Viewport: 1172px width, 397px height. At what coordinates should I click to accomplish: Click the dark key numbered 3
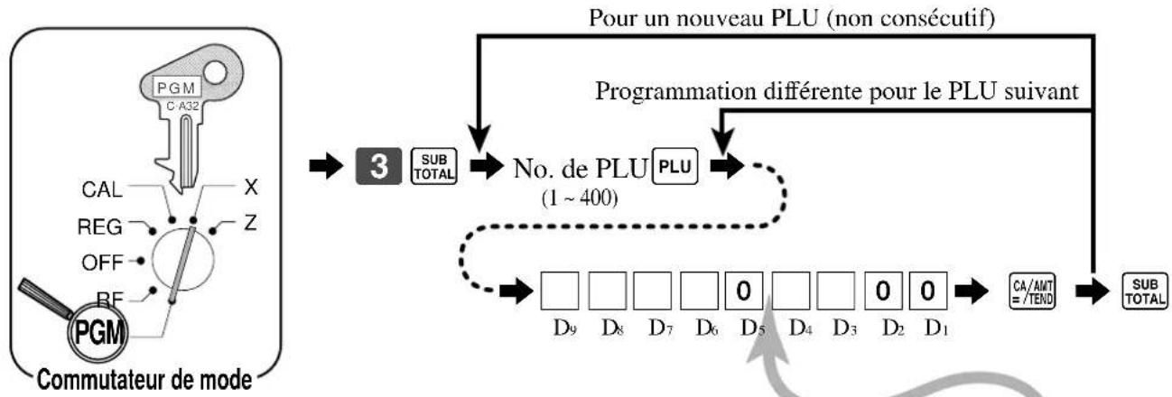pyautogui.click(x=379, y=166)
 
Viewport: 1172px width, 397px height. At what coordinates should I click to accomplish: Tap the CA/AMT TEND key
pyautogui.click(x=1033, y=291)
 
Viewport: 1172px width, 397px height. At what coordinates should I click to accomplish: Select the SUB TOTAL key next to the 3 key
pyautogui.click(x=433, y=166)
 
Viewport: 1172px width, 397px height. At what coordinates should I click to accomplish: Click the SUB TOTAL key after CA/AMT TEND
pyautogui.click(x=1145, y=291)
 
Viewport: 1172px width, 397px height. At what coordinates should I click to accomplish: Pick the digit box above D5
pyautogui.click(x=743, y=291)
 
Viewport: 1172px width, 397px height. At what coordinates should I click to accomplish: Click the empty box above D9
pyautogui.click(x=560, y=291)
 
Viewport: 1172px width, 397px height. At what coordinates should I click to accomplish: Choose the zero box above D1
pyautogui.click(x=927, y=291)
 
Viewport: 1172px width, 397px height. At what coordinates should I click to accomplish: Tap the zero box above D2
pyautogui.click(x=883, y=291)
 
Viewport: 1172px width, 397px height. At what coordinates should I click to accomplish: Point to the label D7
pyautogui.click(x=660, y=328)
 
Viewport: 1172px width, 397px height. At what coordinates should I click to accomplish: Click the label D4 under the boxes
pyautogui.click(x=801, y=328)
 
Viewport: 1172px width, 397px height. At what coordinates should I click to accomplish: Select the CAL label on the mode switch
pyautogui.click(x=102, y=189)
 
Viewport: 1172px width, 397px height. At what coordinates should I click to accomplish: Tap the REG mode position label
pyautogui.click(x=100, y=226)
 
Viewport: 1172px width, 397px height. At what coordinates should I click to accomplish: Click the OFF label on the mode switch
pyautogui.click(x=102, y=262)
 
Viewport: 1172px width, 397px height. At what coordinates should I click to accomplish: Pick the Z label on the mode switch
pyautogui.click(x=251, y=224)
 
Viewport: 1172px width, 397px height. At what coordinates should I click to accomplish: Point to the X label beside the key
pyautogui.click(x=251, y=187)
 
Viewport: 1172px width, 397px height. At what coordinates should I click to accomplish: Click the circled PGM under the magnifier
pyautogui.click(x=98, y=331)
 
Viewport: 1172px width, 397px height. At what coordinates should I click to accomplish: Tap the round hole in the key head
pyautogui.click(x=215, y=73)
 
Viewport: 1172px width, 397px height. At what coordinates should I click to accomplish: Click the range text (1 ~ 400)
pyautogui.click(x=580, y=198)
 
